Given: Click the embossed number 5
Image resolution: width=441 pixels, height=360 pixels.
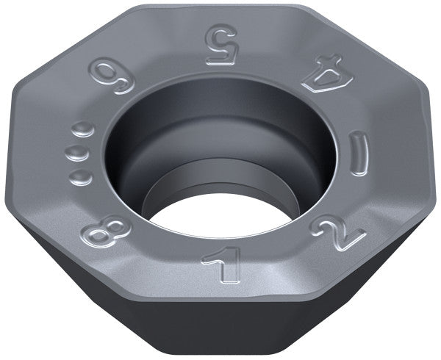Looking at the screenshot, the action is tap(220, 44).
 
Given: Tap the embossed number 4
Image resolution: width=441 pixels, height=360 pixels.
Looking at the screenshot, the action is tap(327, 73).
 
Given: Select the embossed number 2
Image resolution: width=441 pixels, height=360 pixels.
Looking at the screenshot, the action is tap(339, 232).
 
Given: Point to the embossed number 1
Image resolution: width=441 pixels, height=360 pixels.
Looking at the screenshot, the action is tap(222, 264).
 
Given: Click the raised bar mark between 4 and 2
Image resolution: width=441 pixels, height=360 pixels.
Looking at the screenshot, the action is tap(359, 153).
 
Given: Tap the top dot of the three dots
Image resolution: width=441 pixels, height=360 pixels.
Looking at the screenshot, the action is tap(82, 130).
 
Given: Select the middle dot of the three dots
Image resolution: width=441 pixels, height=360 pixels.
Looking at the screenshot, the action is tap(76, 154).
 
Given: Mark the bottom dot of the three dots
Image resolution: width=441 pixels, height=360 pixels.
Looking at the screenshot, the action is tap(80, 177).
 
